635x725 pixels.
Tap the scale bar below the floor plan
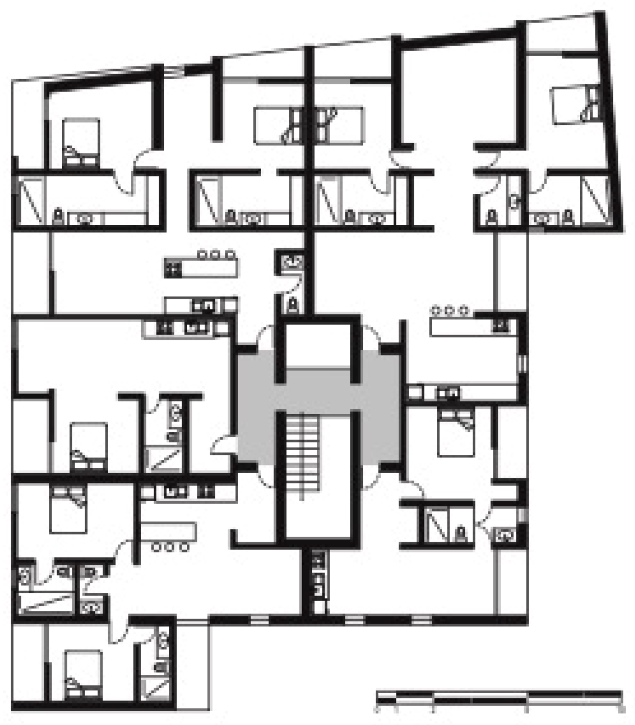(x=499, y=696)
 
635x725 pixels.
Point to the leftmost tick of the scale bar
(x=377, y=708)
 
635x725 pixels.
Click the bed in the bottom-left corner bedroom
(x=83, y=674)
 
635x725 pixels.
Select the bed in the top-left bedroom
(x=81, y=143)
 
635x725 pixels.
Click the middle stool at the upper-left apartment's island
(x=216, y=255)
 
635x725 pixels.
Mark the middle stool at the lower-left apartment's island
(x=170, y=546)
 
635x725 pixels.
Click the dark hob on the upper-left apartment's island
(x=173, y=269)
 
